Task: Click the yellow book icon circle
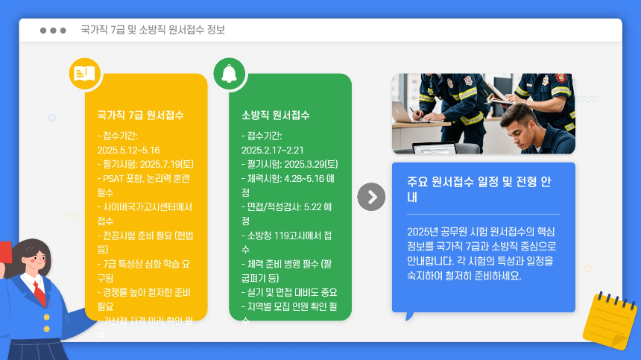pos(84,73)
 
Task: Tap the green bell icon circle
pos(229,73)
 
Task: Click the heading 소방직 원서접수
pos(275,116)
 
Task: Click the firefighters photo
pos(483,113)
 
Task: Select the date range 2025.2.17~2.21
pos(273,150)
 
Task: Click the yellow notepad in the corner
pos(609,320)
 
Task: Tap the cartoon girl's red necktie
pos(38,291)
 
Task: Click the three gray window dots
pos(53,31)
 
